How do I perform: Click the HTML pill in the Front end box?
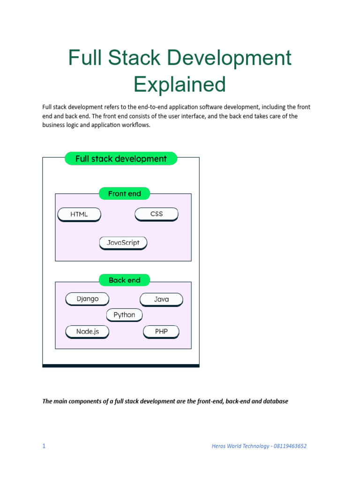pyautogui.click(x=79, y=214)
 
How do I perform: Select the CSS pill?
pyautogui.click(x=157, y=214)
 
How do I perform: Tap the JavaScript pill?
pyautogui.click(x=123, y=243)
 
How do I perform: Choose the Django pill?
pyautogui.click(x=88, y=299)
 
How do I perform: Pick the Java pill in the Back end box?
pyautogui.click(x=161, y=299)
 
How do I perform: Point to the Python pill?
pyautogui.click(x=124, y=315)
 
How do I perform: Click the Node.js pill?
pyautogui.click(x=88, y=331)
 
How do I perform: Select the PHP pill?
pyautogui.click(x=161, y=331)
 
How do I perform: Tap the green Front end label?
pyautogui.click(x=124, y=194)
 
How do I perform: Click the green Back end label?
pyautogui.click(x=124, y=280)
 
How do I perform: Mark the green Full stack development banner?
pyautogui.click(x=121, y=159)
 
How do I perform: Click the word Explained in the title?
pyautogui.click(x=180, y=84)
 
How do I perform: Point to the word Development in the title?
pyautogui.click(x=229, y=58)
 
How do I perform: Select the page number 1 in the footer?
pyautogui.click(x=44, y=446)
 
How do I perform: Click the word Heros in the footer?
pyautogui.click(x=219, y=446)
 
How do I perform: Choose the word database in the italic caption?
pyautogui.click(x=276, y=401)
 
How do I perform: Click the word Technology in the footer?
pyautogui.click(x=255, y=446)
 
